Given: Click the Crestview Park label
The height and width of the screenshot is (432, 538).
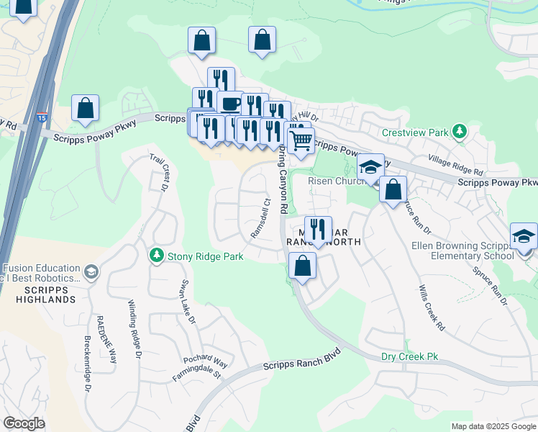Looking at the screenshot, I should (x=415, y=132).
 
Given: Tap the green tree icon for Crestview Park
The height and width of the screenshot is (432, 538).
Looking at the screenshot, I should (x=458, y=132).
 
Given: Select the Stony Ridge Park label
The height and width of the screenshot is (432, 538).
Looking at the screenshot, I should (x=205, y=256).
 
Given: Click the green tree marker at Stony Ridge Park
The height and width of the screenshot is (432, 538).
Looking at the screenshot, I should (x=156, y=256).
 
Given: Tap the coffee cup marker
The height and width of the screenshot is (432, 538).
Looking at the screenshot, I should (x=230, y=104).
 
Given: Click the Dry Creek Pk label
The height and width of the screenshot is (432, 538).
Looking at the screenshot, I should (x=409, y=356).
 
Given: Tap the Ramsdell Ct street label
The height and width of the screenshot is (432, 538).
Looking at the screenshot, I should (x=260, y=220).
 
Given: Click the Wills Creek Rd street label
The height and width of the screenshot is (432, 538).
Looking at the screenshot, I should (x=430, y=307).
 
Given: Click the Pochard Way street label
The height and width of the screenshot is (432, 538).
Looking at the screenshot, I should (x=205, y=360).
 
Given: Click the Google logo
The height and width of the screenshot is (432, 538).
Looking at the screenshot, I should (x=24, y=423).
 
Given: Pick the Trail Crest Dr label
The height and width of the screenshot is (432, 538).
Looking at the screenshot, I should (x=160, y=171).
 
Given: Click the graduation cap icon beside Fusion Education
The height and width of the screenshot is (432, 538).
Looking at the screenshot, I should (x=91, y=271).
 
